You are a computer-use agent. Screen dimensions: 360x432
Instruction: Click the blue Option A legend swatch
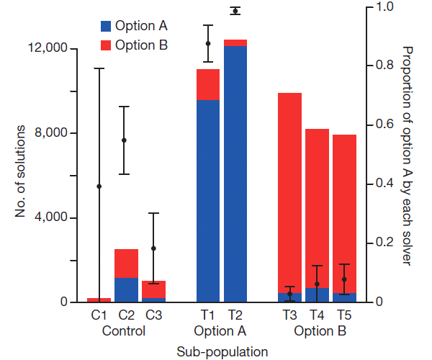106,27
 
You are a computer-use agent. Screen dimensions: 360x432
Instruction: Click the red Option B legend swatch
106,45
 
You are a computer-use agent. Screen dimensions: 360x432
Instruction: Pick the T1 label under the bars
208,315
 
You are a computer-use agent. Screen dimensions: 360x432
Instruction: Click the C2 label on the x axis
126,315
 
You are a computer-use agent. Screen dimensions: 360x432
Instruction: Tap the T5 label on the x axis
344,315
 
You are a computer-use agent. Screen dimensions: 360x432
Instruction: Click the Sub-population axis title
222,351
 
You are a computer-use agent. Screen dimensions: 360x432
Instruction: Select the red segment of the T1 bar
208,84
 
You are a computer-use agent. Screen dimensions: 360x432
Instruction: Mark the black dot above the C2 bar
124,140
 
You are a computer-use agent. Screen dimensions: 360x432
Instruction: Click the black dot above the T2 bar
235,11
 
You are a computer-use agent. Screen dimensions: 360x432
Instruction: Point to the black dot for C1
99,186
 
